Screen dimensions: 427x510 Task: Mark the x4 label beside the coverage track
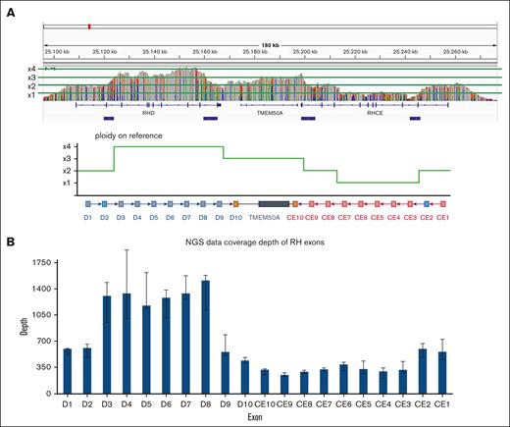coord(32,68)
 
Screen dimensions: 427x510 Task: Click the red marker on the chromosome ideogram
coord(89,27)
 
